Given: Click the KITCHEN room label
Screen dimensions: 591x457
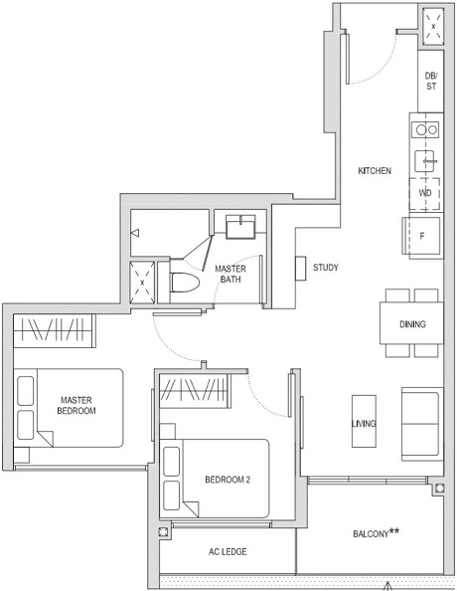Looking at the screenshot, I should pos(375,171).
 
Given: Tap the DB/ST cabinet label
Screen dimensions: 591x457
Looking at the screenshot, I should pos(430,82).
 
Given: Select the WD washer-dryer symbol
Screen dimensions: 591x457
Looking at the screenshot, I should pos(425,192).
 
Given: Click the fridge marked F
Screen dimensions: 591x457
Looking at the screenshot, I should pos(424,236).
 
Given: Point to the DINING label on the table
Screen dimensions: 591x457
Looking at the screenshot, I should pos(412,324).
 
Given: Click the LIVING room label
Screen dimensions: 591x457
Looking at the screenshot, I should pos(364,424).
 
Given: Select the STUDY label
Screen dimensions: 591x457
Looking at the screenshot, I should pos(326,268).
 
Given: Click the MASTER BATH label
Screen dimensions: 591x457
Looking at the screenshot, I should pos(230,274).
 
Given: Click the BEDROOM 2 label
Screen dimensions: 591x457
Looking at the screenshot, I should pos(228,480).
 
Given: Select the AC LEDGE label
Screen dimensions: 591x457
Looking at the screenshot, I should pos(228,551).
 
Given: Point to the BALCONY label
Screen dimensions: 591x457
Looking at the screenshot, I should pos(376,534).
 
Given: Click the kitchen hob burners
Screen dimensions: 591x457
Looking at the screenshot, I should pos(427,128).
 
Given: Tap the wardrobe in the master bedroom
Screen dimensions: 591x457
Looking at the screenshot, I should pos(56,329).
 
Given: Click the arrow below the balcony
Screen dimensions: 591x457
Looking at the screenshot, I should pos(386,584).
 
